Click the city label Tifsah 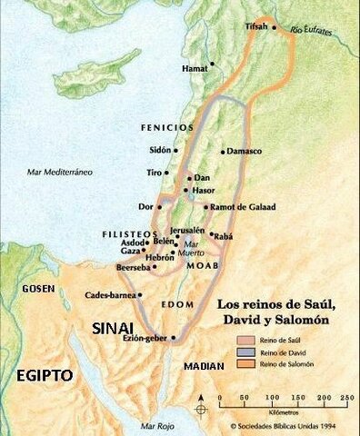(258, 28)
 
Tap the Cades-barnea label (108, 295)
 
